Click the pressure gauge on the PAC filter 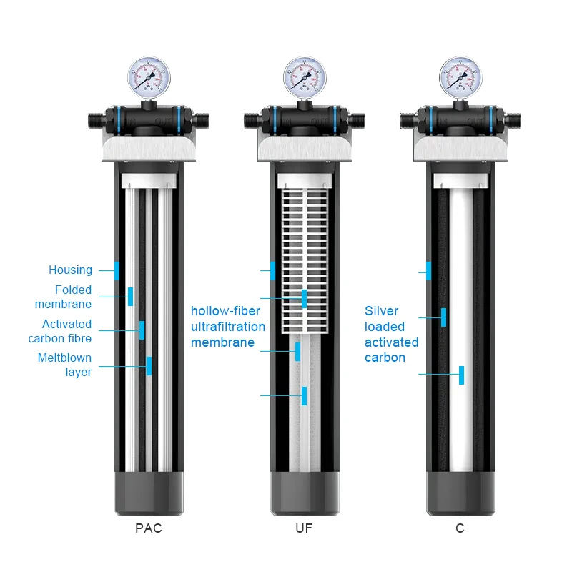point(149,77)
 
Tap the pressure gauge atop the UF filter point(305,77)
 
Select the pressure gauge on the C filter point(460,77)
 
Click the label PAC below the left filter point(149,528)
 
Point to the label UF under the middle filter point(305,528)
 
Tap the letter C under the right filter point(460,528)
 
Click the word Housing point(70,270)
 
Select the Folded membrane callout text point(73,297)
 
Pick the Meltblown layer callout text point(66,365)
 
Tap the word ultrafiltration point(227,327)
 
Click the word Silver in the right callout point(382,311)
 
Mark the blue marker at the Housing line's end point(117,270)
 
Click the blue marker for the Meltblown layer point(149,366)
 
